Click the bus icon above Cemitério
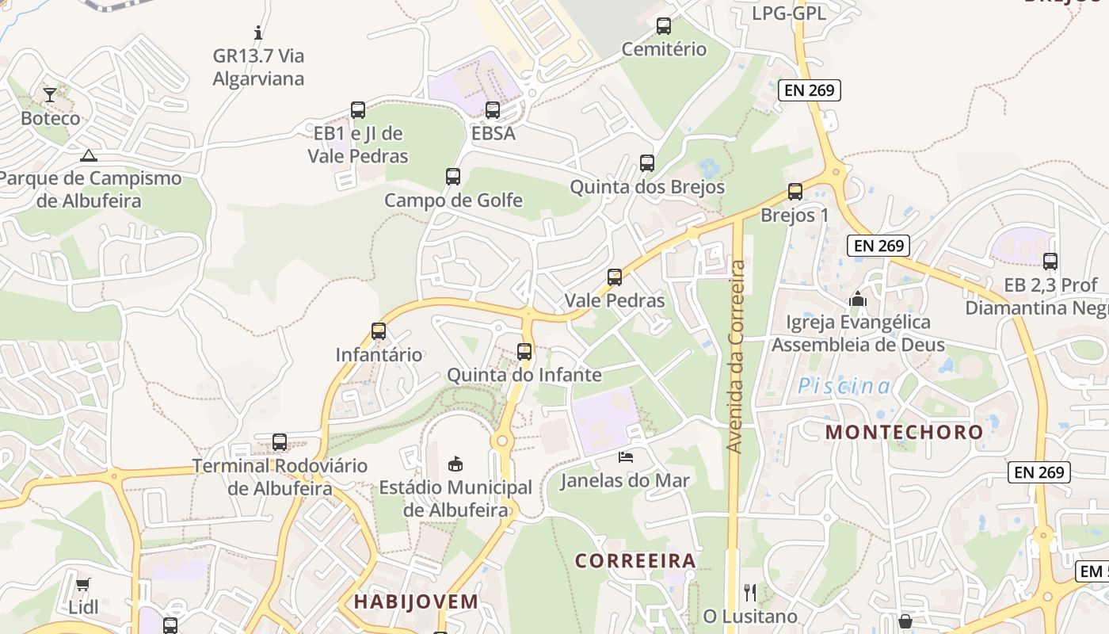[664, 26]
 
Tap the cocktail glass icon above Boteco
[50, 95]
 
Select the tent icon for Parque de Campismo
[88, 155]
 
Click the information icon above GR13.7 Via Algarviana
[258, 33]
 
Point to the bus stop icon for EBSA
[493, 110]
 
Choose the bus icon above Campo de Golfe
[453, 177]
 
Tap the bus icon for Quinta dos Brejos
[647, 163]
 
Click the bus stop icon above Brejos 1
[795, 192]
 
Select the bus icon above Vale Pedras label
[615, 277]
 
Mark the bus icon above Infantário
[379, 331]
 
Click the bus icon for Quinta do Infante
[524, 351]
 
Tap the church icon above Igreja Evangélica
[858, 299]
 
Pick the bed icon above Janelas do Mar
[626, 456]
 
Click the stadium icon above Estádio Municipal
[455, 463]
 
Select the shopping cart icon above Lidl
[83, 584]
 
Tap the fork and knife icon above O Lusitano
[750, 592]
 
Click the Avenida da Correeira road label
[736, 357]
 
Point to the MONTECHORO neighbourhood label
[904, 432]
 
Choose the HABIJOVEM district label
[416, 602]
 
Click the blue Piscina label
[844, 386]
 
